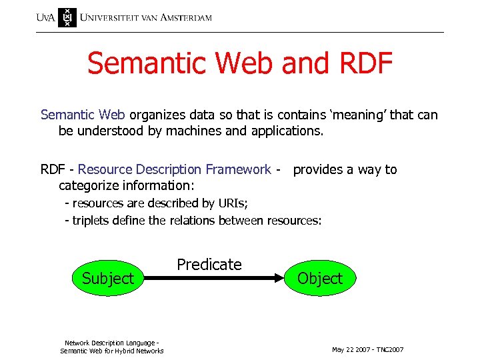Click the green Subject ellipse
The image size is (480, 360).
[x=107, y=278]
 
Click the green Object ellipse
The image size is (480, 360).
[x=320, y=278]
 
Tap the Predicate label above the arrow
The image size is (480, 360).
[x=209, y=265]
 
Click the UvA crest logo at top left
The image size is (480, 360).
[x=67, y=17]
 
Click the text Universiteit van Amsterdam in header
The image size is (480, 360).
[x=146, y=17]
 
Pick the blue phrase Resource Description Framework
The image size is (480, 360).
[x=175, y=169]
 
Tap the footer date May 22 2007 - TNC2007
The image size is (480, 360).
[x=367, y=350]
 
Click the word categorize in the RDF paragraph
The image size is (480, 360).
[x=89, y=185]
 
